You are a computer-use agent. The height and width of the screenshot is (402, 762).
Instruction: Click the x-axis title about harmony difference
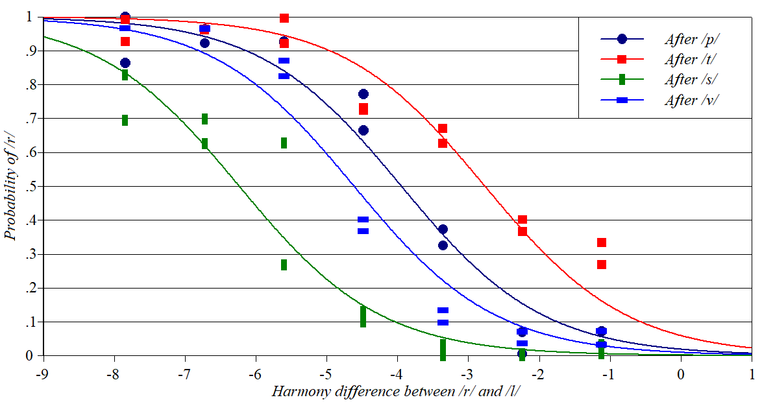(395, 391)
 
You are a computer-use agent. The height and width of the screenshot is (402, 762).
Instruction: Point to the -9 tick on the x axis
(42, 374)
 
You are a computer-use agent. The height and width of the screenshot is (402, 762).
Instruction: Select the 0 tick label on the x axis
(681, 374)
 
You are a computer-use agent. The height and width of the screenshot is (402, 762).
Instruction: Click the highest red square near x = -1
(602, 242)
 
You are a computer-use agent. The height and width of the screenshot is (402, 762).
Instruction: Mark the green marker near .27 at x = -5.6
(284, 265)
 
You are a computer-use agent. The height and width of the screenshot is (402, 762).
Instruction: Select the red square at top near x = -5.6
(284, 18)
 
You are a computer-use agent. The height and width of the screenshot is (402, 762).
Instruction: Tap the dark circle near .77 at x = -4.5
(363, 94)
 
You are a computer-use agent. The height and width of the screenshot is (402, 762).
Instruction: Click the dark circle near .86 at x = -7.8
(125, 63)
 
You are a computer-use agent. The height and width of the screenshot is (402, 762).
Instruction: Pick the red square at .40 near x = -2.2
(522, 220)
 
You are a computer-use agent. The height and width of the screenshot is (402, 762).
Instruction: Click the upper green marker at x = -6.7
(204, 119)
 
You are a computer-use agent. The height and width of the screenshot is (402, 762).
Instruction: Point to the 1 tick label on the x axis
(752, 374)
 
